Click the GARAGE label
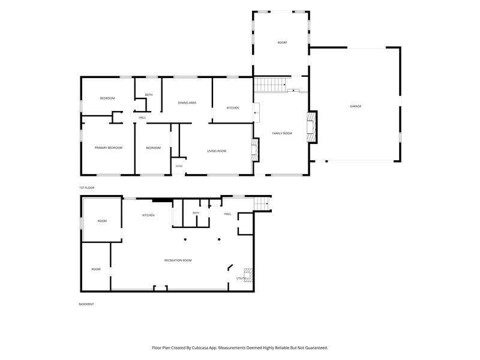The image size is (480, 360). pyautogui.click(x=355, y=106)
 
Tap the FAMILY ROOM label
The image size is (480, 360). pyautogui.click(x=282, y=133)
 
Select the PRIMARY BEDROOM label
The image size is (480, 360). pyautogui.click(x=109, y=148)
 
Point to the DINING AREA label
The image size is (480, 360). pyautogui.click(x=187, y=103)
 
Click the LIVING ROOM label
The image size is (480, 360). pyautogui.click(x=217, y=151)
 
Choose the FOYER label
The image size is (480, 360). pyautogui.click(x=179, y=166)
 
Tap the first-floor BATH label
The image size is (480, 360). pyautogui.click(x=149, y=95)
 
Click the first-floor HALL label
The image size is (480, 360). pyautogui.click(x=142, y=118)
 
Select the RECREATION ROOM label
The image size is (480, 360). pyautogui.click(x=178, y=260)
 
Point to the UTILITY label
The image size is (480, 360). pyautogui.click(x=241, y=278)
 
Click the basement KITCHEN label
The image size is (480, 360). pyautogui.click(x=148, y=215)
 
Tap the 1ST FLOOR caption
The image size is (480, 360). pyautogui.click(x=87, y=188)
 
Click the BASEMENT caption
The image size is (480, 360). pyautogui.click(x=86, y=304)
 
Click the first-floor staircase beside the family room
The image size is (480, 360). pyautogui.click(x=270, y=85)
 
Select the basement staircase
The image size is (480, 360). pyautogui.click(x=262, y=204)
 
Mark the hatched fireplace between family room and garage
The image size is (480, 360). pyautogui.click(x=311, y=127)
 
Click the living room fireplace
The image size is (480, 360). pyautogui.click(x=255, y=149)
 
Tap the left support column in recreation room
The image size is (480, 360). pyautogui.click(x=185, y=239)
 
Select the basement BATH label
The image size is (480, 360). pyautogui.click(x=196, y=213)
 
